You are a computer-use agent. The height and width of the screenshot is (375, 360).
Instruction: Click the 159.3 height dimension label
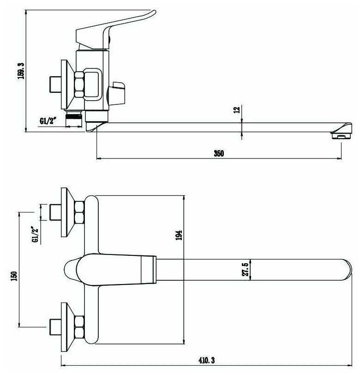(21, 71)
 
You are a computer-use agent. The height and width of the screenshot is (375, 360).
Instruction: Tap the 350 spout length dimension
(219, 153)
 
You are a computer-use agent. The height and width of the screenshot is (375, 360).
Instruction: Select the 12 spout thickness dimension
(236, 110)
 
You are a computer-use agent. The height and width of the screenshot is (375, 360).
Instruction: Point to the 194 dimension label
(179, 235)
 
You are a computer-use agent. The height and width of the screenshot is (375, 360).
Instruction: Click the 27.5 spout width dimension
(245, 270)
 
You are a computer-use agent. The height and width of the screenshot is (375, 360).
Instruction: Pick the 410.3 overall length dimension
(206, 360)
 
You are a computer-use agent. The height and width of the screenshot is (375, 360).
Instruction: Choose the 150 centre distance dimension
(14, 276)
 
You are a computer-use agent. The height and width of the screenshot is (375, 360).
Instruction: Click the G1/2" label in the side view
(48, 121)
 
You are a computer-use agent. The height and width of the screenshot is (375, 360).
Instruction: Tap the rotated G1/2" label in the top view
(35, 235)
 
